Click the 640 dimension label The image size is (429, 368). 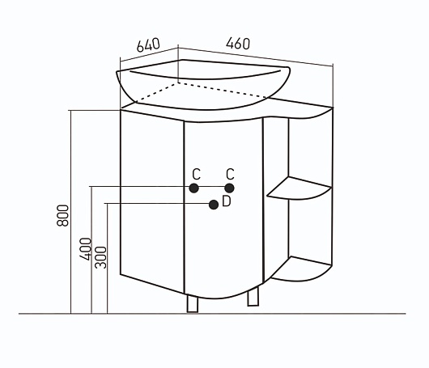148,44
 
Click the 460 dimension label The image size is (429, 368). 238,44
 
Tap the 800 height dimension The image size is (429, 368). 62,215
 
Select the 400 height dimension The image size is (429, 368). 85,249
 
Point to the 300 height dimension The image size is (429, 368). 100,257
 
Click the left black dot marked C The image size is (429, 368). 194,188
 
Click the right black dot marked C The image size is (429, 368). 229,188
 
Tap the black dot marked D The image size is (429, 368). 214,205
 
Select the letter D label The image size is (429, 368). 227,201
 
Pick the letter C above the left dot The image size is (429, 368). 196,174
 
